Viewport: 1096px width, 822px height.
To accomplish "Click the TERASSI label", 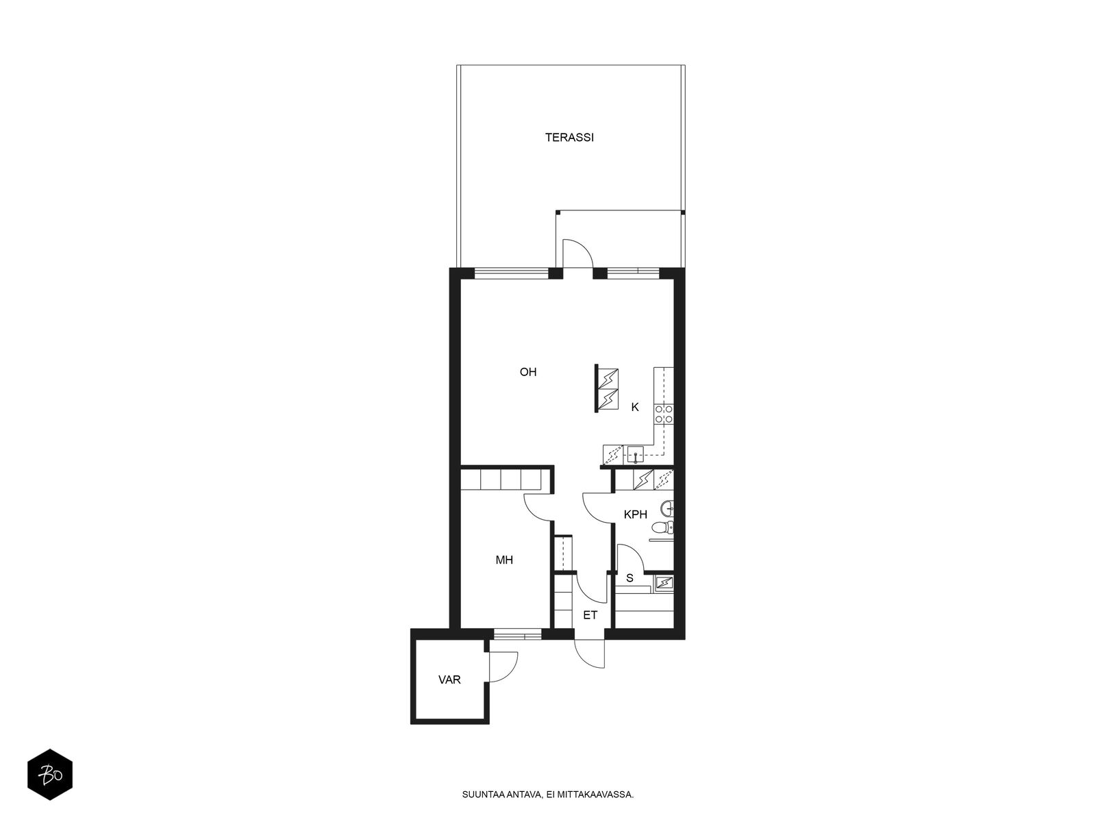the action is tap(569, 137).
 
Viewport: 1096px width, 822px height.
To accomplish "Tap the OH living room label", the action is tap(527, 372).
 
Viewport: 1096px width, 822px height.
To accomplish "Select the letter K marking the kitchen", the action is tap(634, 408).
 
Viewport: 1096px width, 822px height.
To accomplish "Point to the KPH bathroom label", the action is tap(635, 514).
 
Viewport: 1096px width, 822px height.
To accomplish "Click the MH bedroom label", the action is tap(503, 560).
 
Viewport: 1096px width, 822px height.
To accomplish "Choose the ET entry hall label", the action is tap(590, 615).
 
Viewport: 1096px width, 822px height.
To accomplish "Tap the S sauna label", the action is tap(630, 578).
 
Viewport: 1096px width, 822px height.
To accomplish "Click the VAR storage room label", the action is tap(449, 680).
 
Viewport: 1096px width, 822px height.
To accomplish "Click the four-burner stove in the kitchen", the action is tap(664, 414).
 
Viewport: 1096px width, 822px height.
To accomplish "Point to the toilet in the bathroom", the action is tap(663, 527).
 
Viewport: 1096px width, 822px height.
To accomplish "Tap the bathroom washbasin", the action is tap(668, 509).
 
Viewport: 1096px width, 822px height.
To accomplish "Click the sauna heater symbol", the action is tap(664, 583).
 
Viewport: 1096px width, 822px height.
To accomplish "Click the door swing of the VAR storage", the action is tap(503, 667).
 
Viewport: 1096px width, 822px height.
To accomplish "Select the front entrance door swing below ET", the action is tap(590, 653).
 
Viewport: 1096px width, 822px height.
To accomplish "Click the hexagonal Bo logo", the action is tap(50, 775).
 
